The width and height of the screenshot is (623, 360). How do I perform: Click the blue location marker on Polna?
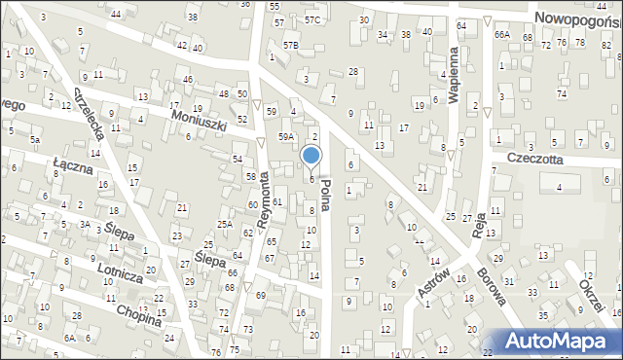coord(311,156)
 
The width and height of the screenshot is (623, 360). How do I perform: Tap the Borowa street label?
coord(492,285)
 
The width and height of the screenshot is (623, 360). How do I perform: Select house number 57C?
coord(311,19)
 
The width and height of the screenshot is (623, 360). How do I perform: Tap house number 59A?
coord(285,137)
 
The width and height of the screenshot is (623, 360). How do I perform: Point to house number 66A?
coord(501,34)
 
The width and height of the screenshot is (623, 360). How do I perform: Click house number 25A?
coord(225,225)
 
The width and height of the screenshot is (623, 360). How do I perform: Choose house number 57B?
coord(290,45)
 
